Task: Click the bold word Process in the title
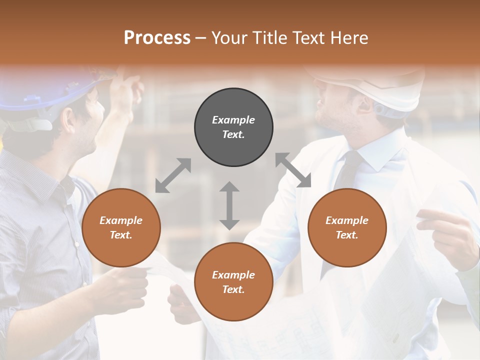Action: click(157, 38)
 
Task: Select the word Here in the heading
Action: click(349, 38)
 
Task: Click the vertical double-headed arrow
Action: click(229, 205)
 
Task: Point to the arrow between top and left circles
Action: click(173, 175)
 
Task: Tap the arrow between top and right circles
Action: click(293, 170)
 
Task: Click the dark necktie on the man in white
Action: click(348, 172)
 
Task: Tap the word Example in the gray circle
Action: click(233, 120)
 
